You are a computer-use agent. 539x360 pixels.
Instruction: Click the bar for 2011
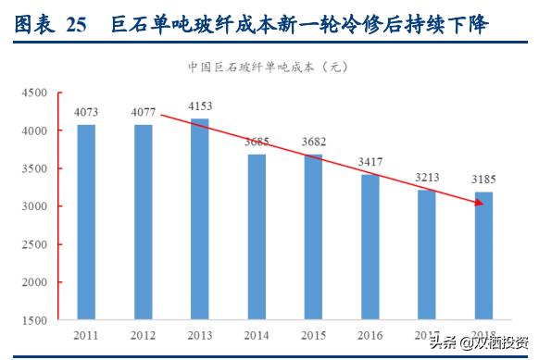point(86,222)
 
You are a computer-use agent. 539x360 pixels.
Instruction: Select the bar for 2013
point(200,219)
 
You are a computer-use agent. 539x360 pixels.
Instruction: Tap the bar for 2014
point(257,237)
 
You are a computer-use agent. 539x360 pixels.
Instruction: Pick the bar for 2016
point(370,247)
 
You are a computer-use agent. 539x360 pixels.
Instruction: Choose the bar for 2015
point(314,237)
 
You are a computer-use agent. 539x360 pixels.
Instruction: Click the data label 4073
point(86,113)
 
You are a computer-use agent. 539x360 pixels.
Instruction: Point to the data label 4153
point(200,106)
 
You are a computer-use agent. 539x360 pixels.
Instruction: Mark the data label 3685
point(257,143)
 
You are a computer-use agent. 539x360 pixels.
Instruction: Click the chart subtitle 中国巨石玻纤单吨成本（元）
point(269,68)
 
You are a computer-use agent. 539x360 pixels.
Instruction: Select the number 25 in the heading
point(77,26)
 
